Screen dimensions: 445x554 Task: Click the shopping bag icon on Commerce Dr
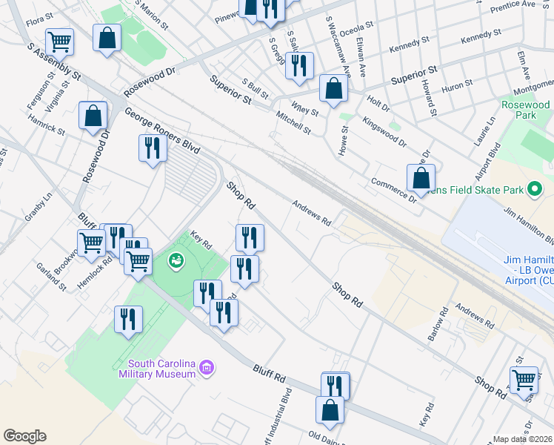click(x=421, y=178)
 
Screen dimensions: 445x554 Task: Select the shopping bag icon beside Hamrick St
click(x=93, y=115)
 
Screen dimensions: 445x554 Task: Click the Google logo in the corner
click(x=24, y=436)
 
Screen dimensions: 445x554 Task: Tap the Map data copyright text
click(x=523, y=439)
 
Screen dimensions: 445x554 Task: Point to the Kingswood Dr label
click(x=384, y=130)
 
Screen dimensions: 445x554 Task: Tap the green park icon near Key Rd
click(x=176, y=260)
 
